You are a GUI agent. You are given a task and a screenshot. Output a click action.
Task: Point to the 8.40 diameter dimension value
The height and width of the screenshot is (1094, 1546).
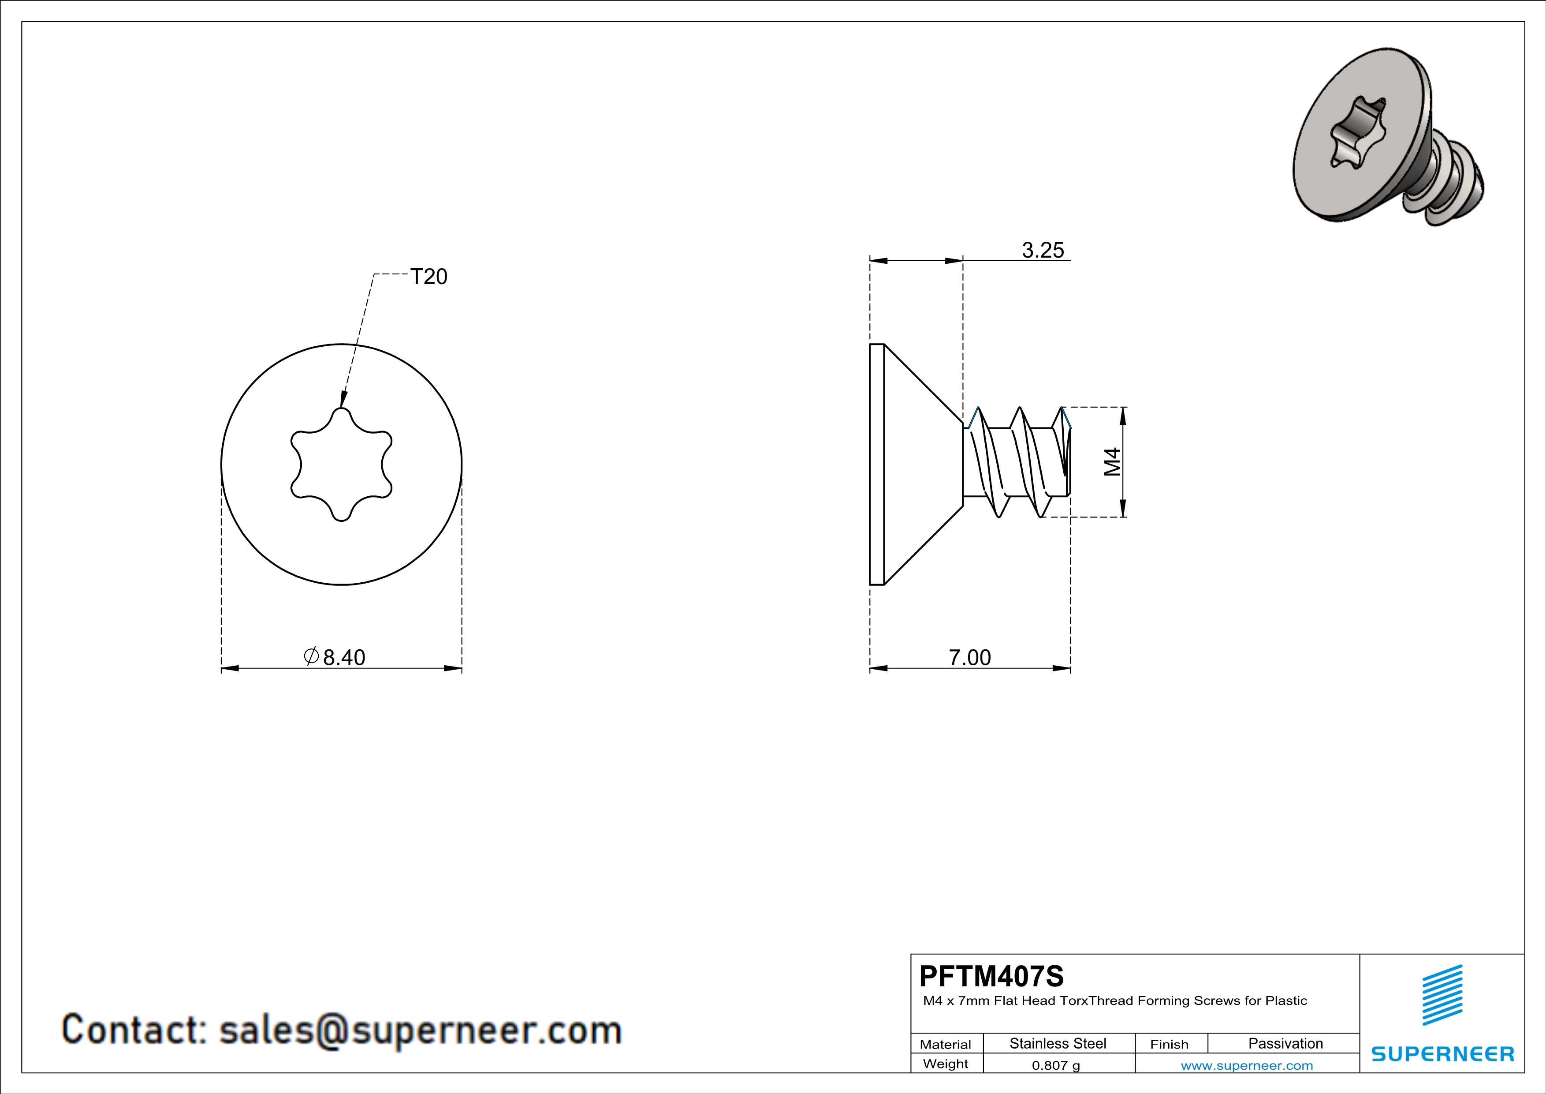coord(344,657)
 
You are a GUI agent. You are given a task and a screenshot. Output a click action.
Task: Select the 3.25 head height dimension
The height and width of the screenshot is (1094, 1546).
coord(1043,250)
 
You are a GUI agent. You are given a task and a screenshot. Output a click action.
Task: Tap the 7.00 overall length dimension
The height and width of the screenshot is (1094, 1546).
coord(970,657)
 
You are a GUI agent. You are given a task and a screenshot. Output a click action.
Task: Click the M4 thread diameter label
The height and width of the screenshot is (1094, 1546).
coord(1112,462)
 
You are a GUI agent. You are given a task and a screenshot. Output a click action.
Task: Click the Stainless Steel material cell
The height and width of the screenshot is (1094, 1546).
coord(1058,1043)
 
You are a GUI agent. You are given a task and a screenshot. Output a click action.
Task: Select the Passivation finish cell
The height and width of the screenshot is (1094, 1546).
coord(1285,1043)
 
